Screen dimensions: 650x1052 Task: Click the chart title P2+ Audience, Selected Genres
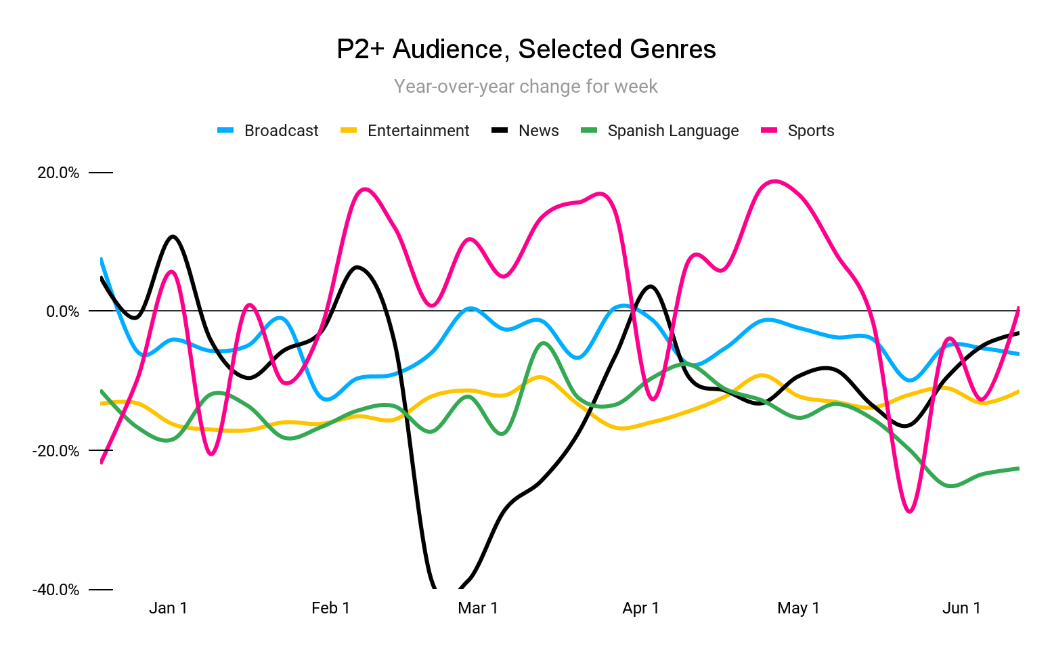pyautogui.click(x=526, y=49)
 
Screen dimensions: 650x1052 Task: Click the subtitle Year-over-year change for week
pyautogui.click(x=526, y=87)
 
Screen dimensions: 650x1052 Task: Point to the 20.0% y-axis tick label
pyautogui.click(x=58, y=173)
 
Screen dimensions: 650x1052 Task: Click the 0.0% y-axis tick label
pyautogui.click(x=62, y=311)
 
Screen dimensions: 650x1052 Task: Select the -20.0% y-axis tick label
pyautogui.click(x=56, y=451)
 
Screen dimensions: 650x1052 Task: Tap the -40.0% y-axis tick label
pyautogui.click(x=56, y=590)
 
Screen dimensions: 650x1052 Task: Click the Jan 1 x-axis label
pyautogui.click(x=168, y=608)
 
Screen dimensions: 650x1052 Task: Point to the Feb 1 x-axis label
pyautogui.click(x=330, y=608)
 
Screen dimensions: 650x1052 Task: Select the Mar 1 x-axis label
pyautogui.click(x=478, y=608)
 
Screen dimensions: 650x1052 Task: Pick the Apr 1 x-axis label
pyautogui.click(x=640, y=608)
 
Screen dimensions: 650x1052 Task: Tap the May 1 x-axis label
pyautogui.click(x=798, y=608)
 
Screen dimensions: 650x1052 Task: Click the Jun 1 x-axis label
pyautogui.click(x=961, y=608)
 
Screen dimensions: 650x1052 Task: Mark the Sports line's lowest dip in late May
pyautogui.click(x=910, y=511)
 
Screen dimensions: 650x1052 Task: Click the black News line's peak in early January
pyautogui.click(x=173, y=236)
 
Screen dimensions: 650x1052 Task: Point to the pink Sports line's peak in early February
pyautogui.click(x=364, y=189)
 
